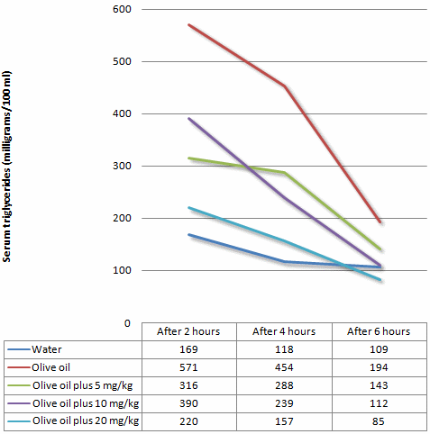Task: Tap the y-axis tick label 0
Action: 127,322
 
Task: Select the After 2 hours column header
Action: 189,330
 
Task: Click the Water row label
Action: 46,349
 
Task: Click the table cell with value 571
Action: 189,367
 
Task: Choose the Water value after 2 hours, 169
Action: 189,349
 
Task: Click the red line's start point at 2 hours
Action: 188,24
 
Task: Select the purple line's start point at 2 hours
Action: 188,118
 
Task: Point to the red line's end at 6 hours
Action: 380,222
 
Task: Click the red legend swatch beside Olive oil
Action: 17,367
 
